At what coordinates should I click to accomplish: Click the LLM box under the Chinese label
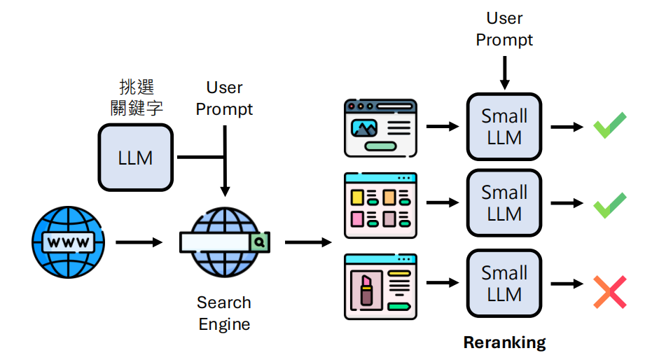(x=135, y=158)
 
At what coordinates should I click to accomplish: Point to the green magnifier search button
(x=259, y=242)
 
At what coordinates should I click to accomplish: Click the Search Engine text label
(x=224, y=313)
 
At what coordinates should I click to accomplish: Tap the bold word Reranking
(x=504, y=342)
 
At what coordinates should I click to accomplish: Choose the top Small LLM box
(x=504, y=127)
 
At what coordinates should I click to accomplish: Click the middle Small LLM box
(x=504, y=203)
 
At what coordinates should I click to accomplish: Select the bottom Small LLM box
(x=504, y=283)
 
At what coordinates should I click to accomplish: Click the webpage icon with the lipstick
(x=381, y=286)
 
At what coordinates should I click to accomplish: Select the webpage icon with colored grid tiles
(x=381, y=205)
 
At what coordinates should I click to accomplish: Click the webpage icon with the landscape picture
(x=381, y=127)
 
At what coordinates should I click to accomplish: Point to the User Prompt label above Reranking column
(x=504, y=29)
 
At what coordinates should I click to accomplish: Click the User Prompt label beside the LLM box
(x=224, y=98)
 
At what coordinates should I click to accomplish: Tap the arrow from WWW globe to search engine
(x=138, y=243)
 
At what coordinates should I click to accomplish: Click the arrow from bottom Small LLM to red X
(x=567, y=284)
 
